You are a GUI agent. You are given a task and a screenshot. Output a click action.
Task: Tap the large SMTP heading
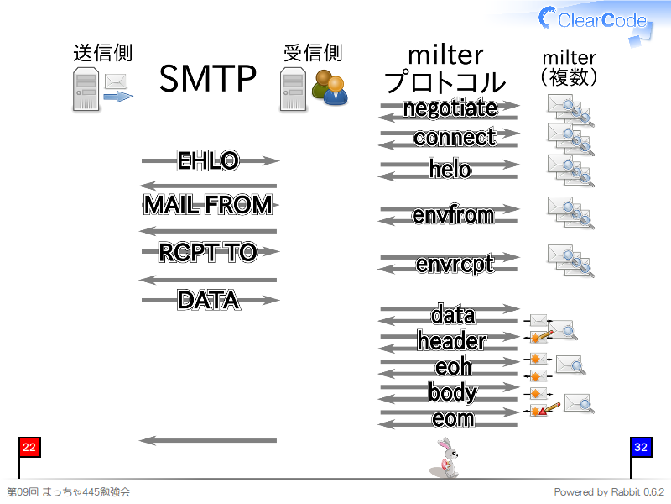(x=207, y=78)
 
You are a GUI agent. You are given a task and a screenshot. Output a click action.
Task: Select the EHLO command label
(x=208, y=160)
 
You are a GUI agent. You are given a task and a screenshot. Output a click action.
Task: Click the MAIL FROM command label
(x=208, y=204)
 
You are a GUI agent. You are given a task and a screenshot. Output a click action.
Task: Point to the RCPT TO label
(x=208, y=252)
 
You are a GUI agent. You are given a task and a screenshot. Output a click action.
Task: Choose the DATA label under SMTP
(x=209, y=300)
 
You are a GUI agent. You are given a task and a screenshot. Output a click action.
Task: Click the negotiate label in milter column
(x=450, y=108)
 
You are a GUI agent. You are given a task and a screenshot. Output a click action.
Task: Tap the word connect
(x=455, y=137)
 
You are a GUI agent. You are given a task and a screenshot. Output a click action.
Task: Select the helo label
(x=450, y=169)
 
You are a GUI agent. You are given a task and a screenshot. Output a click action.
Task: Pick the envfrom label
(x=453, y=214)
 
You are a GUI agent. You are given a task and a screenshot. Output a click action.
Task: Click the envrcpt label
(x=455, y=264)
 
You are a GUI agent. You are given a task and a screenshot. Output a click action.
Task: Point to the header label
(x=452, y=341)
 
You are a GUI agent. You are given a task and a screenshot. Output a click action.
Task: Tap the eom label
(x=453, y=418)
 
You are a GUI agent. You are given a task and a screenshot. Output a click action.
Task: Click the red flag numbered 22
(x=29, y=448)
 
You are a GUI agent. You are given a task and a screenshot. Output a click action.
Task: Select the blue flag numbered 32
(x=641, y=448)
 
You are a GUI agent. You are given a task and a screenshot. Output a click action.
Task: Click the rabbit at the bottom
(x=445, y=458)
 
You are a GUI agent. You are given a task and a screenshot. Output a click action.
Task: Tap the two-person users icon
(x=330, y=88)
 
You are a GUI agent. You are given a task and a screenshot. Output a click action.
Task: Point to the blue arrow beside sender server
(x=118, y=97)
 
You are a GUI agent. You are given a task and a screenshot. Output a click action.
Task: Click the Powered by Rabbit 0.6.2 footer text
(x=609, y=492)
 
